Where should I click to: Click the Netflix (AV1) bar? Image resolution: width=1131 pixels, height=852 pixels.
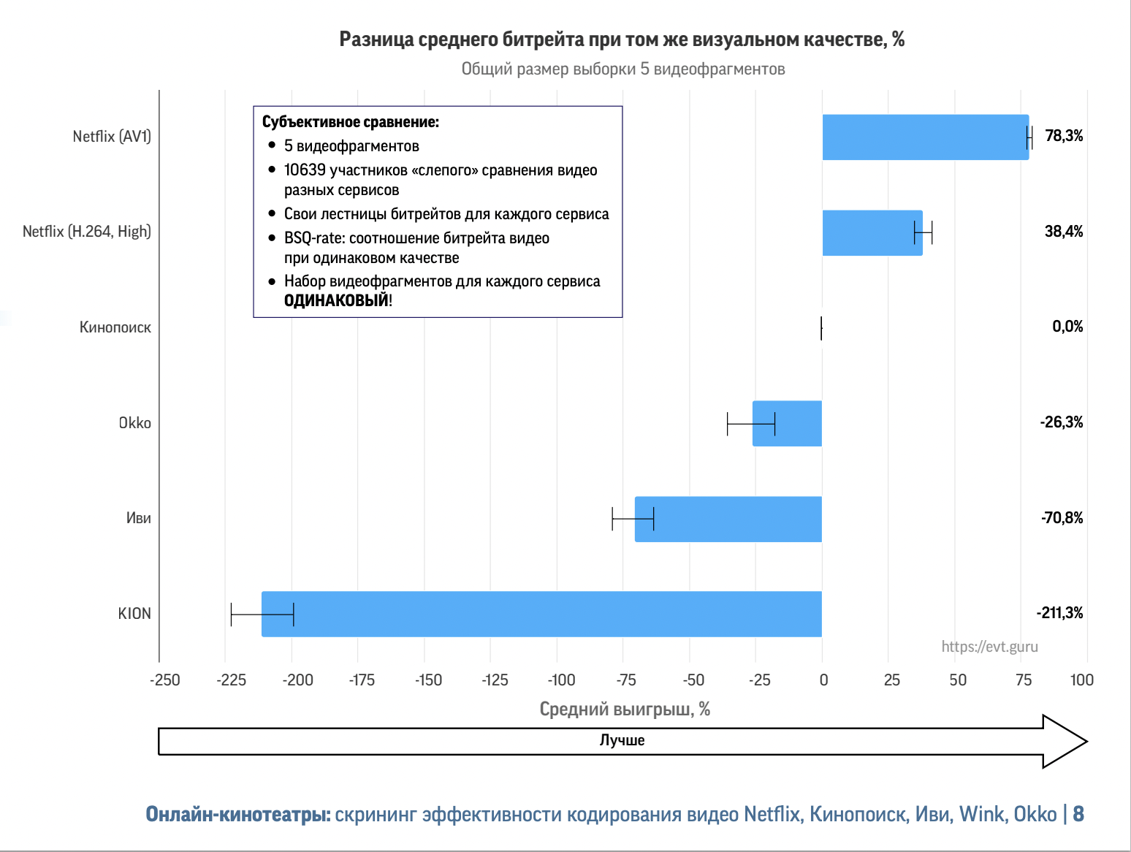click(925, 137)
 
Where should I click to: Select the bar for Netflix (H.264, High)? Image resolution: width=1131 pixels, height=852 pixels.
click(872, 233)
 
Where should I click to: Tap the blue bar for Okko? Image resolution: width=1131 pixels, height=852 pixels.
click(787, 423)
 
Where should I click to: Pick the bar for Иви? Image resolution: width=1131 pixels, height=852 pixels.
click(728, 519)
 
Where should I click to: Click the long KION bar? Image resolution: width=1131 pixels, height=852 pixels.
click(541, 614)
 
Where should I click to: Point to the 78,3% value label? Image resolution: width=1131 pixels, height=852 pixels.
click(1064, 136)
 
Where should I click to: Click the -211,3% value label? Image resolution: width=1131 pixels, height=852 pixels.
click(1059, 613)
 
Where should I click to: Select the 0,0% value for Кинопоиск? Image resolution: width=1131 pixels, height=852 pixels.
click(1067, 327)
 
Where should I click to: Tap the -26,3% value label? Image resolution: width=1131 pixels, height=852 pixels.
click(1062, 422)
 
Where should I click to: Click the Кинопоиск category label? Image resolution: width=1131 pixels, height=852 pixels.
click(115, 327)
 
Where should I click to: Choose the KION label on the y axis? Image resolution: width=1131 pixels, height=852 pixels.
click(134, 614)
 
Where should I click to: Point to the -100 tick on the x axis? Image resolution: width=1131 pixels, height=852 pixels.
click(561, 680)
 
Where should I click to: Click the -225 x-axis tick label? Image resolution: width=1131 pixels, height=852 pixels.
click(231, 680)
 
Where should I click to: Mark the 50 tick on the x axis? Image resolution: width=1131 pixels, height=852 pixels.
click(958, 680)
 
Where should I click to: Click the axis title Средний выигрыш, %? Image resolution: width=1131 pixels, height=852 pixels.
click(625, 709)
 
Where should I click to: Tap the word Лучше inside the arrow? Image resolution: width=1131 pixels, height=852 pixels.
click(622, 740)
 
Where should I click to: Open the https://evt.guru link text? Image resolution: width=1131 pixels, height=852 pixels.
click(989, 647)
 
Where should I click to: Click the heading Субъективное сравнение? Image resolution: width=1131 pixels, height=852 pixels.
click(351, 122)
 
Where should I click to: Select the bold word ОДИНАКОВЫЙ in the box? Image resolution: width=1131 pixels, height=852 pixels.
click(336, 300)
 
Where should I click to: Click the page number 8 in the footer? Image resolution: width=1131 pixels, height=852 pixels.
click(1078, 814)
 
